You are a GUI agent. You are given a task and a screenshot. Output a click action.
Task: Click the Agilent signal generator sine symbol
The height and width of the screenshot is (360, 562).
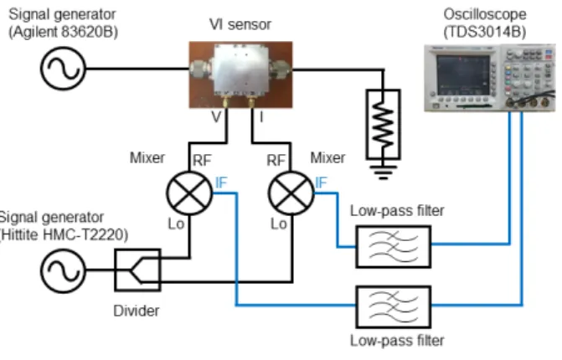63,69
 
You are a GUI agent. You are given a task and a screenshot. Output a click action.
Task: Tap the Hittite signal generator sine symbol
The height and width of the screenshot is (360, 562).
63,270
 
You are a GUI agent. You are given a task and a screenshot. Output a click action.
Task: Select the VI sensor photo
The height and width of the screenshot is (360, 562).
240,75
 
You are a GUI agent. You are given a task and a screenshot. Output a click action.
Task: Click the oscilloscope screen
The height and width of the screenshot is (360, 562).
463,75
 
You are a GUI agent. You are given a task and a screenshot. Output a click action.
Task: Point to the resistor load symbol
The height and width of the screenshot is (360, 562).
383,124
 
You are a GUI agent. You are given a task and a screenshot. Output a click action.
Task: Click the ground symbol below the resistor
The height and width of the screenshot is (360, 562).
383,172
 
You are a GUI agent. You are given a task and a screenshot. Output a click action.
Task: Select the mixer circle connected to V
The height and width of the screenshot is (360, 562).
189,193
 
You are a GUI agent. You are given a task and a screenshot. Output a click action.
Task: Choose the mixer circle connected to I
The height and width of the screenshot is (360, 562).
291,193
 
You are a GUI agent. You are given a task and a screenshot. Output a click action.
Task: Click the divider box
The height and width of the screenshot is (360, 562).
137,270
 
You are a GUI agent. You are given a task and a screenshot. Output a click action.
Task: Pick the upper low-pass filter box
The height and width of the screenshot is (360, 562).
394,246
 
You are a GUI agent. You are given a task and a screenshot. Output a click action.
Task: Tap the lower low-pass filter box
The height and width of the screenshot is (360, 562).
394,306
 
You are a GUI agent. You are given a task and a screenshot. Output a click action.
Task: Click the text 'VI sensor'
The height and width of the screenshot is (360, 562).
240,24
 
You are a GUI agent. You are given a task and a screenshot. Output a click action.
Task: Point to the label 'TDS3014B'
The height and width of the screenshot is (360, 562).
485,32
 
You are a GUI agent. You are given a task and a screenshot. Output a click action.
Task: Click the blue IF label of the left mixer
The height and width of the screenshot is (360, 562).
221,183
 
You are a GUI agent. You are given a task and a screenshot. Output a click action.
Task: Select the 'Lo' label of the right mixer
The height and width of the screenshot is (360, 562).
279,224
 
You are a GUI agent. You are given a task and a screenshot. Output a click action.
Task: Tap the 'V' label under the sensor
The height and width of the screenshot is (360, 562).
216,116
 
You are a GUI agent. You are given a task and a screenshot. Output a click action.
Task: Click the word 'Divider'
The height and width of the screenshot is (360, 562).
137,311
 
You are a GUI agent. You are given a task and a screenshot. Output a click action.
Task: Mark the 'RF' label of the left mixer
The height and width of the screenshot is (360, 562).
202,160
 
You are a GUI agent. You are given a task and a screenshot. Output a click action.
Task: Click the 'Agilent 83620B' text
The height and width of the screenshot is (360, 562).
63,32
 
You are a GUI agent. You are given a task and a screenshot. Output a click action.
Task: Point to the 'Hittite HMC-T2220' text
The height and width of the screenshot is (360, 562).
64,234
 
